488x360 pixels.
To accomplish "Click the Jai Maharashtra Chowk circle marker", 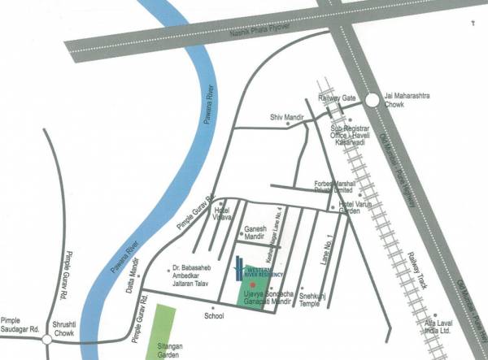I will (x=371, y=101).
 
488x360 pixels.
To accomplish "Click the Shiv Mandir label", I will (x=286, y=117).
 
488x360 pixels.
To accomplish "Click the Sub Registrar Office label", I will (x=356, y=134).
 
